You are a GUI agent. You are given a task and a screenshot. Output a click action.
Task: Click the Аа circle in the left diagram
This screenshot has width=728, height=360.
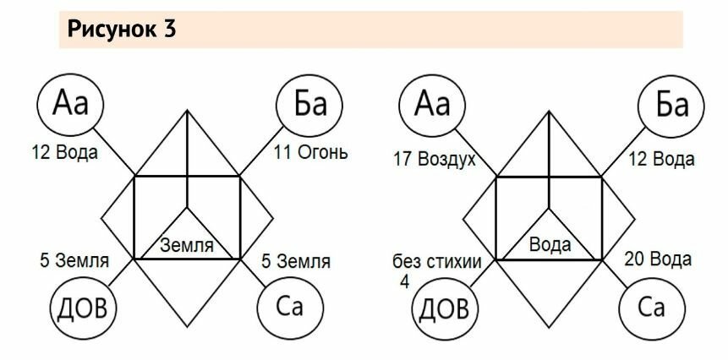71,105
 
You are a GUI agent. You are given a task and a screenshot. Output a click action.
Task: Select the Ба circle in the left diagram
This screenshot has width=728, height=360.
309,105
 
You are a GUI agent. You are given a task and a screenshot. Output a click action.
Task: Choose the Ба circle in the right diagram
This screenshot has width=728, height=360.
672,106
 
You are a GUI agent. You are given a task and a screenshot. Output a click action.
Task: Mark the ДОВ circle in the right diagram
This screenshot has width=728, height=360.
442,309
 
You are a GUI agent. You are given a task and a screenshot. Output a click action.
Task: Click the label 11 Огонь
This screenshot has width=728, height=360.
310,153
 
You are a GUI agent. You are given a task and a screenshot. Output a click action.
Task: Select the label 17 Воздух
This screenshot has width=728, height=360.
435,159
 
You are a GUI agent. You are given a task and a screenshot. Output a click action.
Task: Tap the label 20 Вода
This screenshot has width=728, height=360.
658,259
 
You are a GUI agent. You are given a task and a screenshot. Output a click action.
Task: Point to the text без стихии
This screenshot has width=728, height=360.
437,262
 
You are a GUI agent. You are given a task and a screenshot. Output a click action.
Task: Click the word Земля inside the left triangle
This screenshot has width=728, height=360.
188,247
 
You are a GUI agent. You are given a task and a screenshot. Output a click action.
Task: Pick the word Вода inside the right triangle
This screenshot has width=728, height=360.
550,246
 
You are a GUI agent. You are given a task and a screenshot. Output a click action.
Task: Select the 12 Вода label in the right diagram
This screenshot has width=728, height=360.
660,159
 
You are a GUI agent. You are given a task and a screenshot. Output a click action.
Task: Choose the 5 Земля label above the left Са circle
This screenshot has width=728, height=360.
295,261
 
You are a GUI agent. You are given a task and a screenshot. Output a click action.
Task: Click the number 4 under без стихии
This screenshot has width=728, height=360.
404,281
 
